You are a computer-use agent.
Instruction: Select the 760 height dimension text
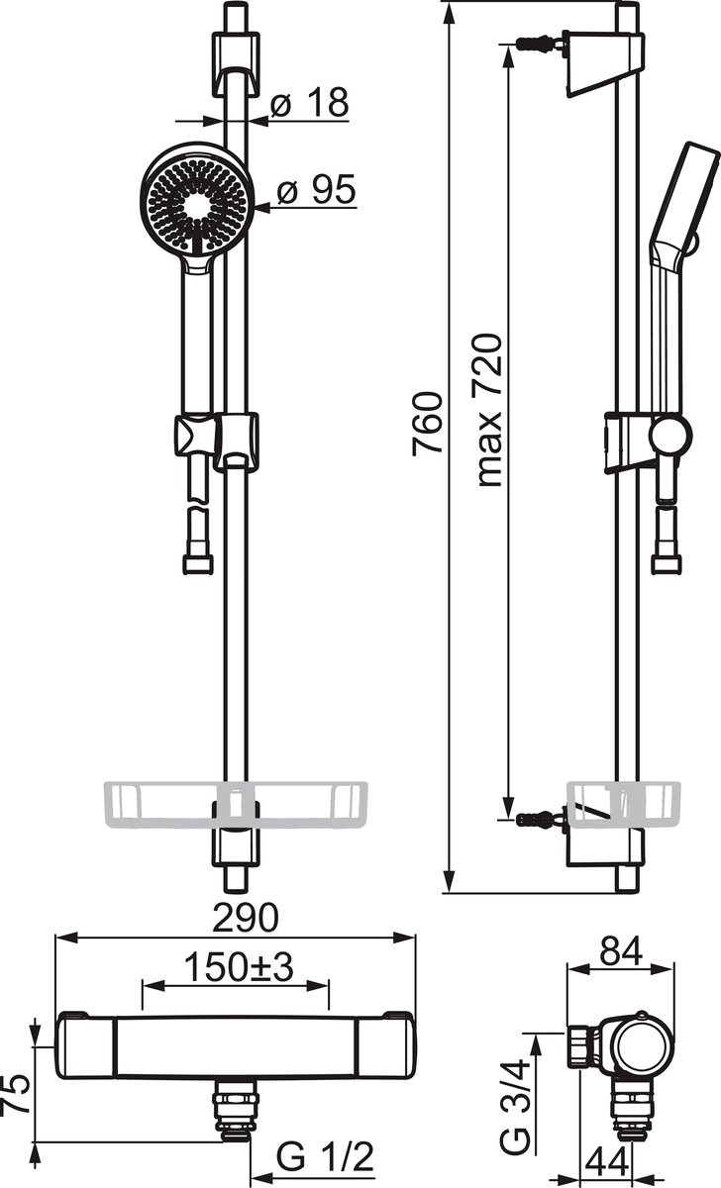click(428, 424)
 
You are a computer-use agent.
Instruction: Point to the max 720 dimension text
click(489, 410)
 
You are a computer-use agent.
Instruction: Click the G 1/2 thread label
click(325, 1153)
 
